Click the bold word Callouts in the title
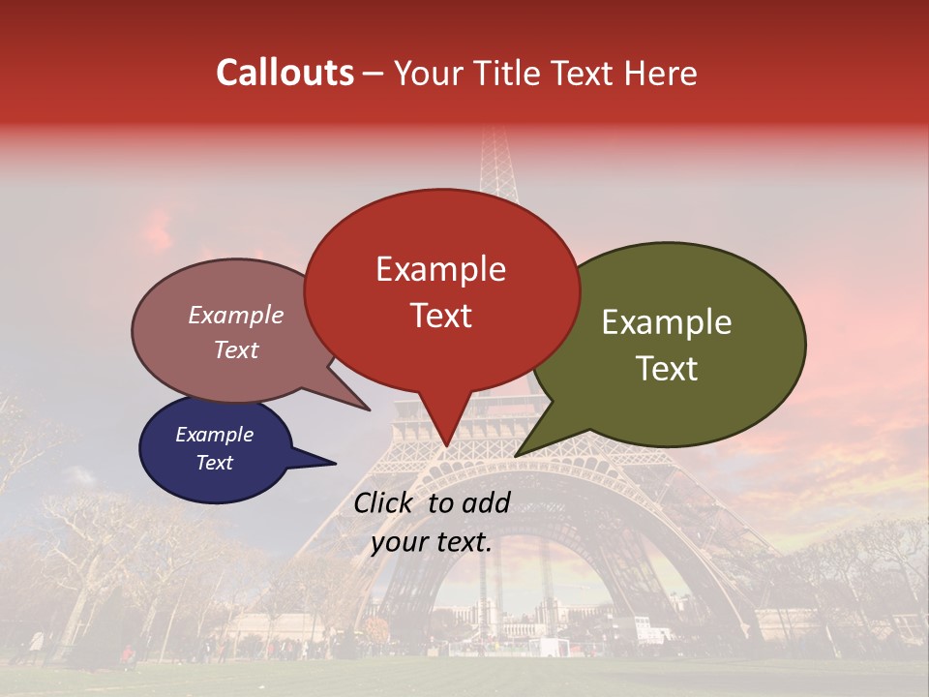pyautogui.click(x=285, y=73)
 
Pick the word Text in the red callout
pyautogui.click(x=440, y=315)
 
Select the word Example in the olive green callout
pyautogui.click(x=667, y=321)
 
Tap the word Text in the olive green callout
pyautogui.click(x=667, y=368)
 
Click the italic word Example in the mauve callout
pyautogui.click(x=235, y=315)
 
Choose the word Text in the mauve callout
pyautogui.click(x=235, y=349)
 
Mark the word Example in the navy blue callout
pyautogui.click(x=214, y=435)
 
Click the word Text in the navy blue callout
pyautogui.click(x=214, y=463)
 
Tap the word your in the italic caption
pyautogui.click(x=399, y=542)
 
